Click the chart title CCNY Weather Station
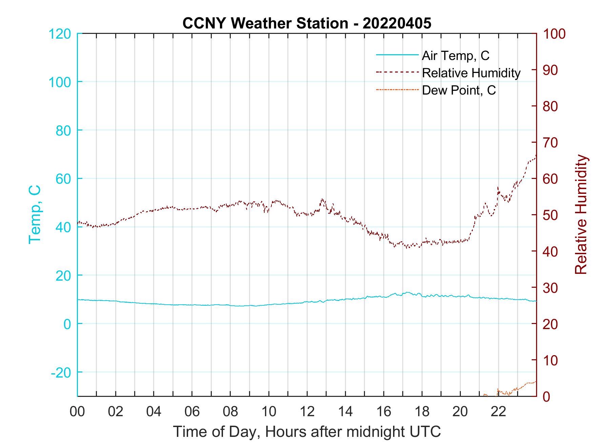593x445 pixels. pos(307,23)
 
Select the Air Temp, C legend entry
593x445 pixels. pos(455,56)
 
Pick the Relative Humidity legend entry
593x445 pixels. pos(471,73)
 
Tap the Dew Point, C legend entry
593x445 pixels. pos(458,90)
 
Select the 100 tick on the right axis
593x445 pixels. pos(554,34)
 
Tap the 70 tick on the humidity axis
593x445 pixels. pos(551,143)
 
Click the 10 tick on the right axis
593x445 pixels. pos(551,360)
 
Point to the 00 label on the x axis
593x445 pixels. pos(77,412)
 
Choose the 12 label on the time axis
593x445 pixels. pos(307,412)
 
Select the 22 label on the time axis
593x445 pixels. pos(498,412)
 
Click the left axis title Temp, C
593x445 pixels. pos(35,214)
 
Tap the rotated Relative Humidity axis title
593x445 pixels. pos(581,214)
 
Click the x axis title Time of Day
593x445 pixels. pos(307,432)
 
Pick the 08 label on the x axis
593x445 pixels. pos(230,412)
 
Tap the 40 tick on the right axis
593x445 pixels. pos(551,251)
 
